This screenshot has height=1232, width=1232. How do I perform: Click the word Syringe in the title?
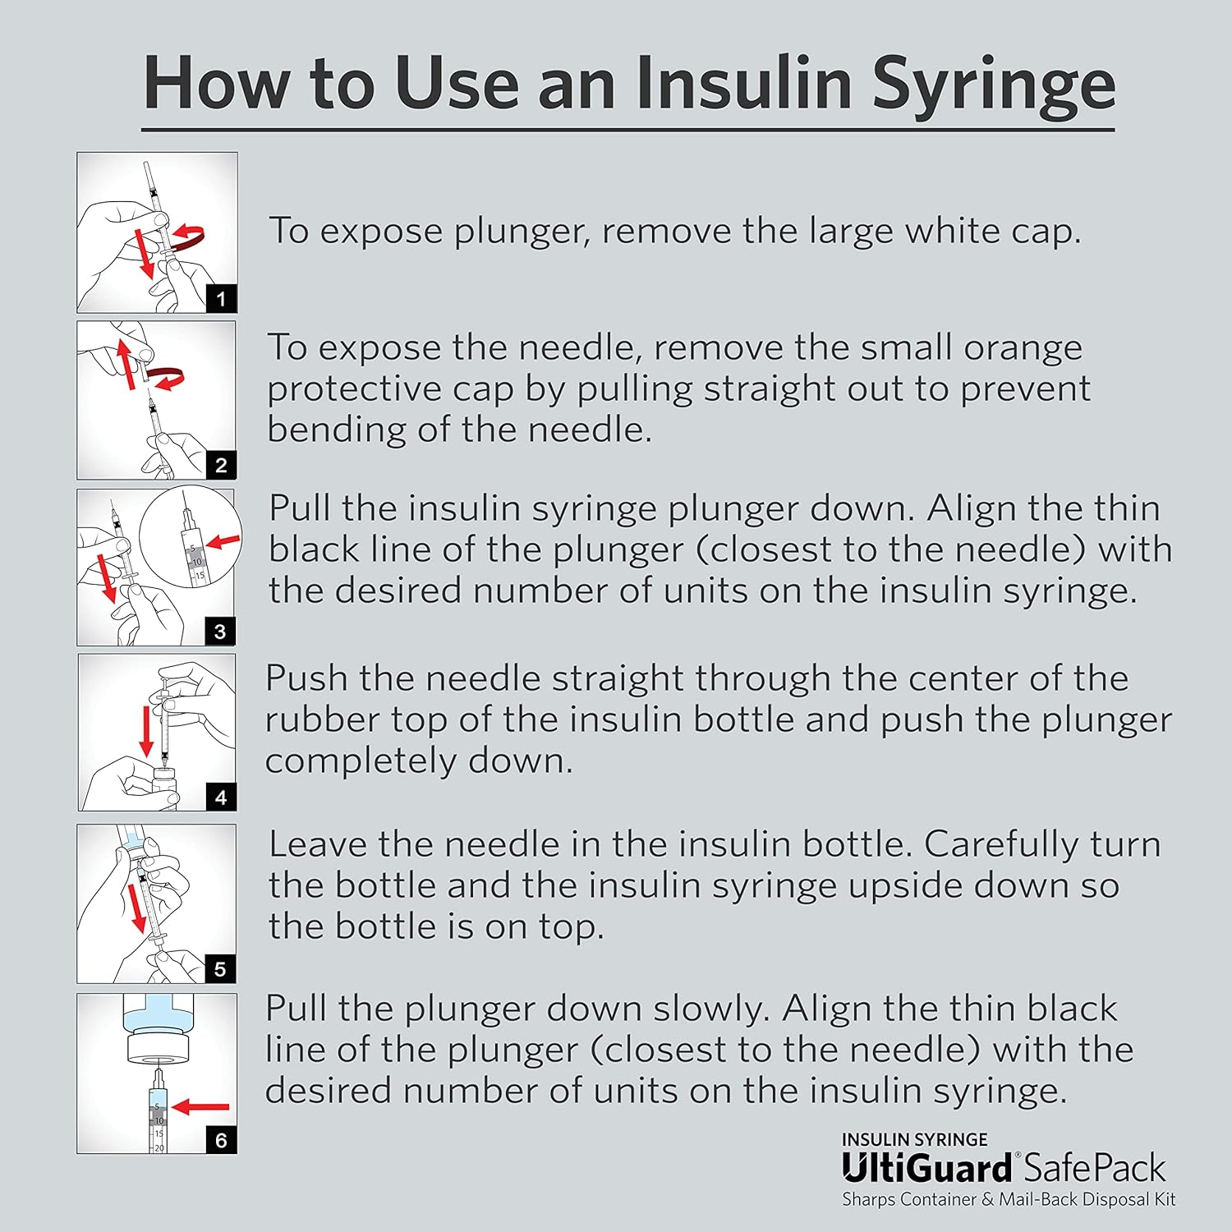(993, 85)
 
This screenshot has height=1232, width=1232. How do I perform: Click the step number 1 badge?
(221, 299)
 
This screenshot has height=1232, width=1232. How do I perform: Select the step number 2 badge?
(221, 466)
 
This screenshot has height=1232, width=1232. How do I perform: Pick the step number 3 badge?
(220, 632)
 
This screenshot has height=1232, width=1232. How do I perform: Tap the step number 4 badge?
(221, 798)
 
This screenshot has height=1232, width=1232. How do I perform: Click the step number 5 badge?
(220, 969)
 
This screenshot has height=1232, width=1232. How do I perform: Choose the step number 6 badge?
(221, 1140)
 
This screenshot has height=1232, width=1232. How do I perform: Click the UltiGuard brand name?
(926, 1168)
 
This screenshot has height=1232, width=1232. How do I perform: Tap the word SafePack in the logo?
(1096, 1168)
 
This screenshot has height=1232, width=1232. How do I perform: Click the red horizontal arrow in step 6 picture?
(201, 1107)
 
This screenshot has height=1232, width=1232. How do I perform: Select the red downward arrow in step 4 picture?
(147, 731)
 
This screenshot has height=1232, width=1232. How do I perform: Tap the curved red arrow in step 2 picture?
(168, 379)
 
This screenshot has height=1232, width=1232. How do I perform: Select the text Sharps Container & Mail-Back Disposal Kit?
(1009, 1200)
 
